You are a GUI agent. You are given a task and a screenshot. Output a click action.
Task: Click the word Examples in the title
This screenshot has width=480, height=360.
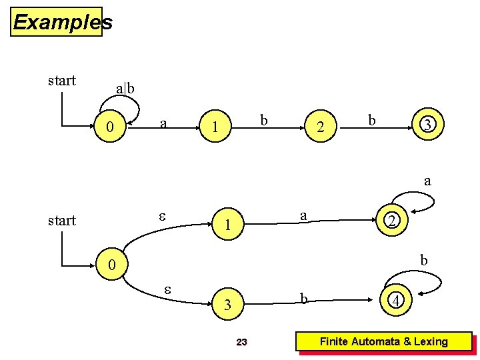point(62,22)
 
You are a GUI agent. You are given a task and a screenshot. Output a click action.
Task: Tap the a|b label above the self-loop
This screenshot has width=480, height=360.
point(125,89)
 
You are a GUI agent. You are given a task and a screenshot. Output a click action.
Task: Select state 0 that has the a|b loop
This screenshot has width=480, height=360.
point(113,126)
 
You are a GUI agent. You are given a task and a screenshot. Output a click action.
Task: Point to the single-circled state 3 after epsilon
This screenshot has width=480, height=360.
point(228,305)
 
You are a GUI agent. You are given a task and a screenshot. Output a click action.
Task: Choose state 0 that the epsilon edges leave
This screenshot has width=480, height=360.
point(113,266)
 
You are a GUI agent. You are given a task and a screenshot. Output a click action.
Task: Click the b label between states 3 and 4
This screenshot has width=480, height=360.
point(303,299)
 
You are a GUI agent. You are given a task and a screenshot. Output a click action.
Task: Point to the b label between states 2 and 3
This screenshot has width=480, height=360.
point(371,121)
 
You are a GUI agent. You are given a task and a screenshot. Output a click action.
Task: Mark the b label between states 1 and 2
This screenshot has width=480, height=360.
point(264,121)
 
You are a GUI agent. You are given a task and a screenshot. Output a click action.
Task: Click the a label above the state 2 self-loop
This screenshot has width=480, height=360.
point(427,180)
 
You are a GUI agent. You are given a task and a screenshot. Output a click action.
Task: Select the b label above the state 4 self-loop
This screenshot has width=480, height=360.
point(423,259)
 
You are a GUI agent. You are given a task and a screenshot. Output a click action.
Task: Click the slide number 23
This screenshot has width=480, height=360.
point(242,342)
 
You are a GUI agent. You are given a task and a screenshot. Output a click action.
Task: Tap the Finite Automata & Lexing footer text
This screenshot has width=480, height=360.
point(383,341)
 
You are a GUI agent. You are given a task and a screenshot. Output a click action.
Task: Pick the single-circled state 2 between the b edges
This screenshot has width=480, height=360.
point(321,127)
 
